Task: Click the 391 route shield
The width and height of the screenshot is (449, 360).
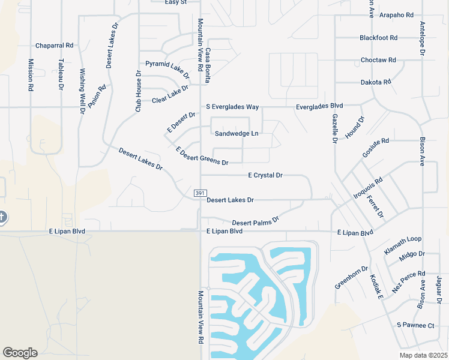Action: click(x=200, y=193)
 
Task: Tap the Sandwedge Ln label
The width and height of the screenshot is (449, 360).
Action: click(x=237, y=134)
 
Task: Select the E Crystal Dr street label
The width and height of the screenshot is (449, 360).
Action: click(x=265, y=175)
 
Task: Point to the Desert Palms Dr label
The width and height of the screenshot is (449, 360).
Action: click(x=256, y=221)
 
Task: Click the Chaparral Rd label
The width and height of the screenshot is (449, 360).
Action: click(x=54, y=45)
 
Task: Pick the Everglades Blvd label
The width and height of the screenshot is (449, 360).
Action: click(x=319, y=106)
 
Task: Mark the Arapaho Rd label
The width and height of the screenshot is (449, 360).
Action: click(x=397, y=14)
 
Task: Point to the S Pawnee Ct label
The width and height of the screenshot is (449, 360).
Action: click(x=415, y=325)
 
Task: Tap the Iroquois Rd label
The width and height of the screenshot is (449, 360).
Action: click(x=368, y=188)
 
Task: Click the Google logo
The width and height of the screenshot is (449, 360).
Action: click(x=20, y=353)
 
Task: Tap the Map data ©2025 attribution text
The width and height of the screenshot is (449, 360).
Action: click(x=423, y=355)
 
